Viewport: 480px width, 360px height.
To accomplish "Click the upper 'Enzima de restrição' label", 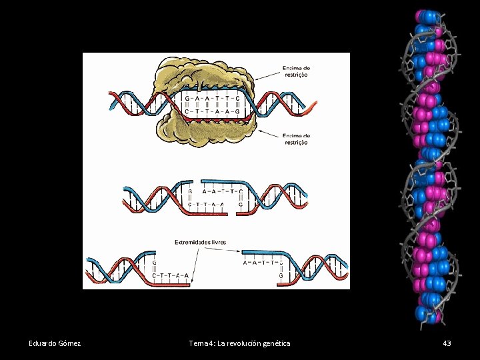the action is pyautogui.click(x=297, y=71).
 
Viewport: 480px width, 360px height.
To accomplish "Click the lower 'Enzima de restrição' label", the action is pyautogui.click(x=297, y=139).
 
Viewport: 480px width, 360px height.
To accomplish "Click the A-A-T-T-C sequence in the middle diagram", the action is pyautogui.click(x=222, y=191).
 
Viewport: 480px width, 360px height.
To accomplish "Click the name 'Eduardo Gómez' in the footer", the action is pyautogui.click(x=55, y=343).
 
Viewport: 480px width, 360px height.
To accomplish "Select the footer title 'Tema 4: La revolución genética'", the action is pyautogui.click(x=239, y=343).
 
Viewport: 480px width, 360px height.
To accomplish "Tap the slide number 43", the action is pyautogui.click(x=447, y=343).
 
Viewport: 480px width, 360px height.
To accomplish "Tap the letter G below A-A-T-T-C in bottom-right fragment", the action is pyautogui.click(x=281, y=275).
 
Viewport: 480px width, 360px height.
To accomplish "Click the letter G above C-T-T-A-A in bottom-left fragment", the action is pyautogui.click(x=155, y=262).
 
